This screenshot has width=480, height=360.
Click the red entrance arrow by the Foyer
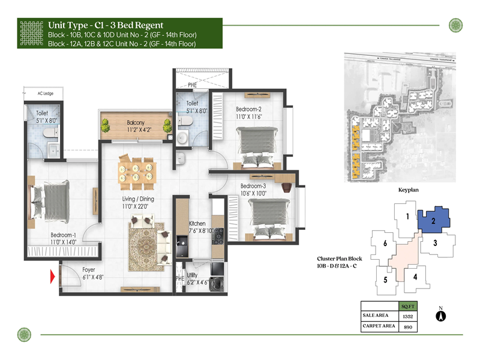pyautogui.click(x=52, y=277)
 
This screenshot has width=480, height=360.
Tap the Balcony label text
pyautogui.click(x=136, y=122)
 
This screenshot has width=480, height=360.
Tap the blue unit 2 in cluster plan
pyautogui.click(x=433, y=220)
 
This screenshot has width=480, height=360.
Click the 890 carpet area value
pyautogui.click(x=409, y=327)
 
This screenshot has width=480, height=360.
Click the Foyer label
pyautogui.click(x=89, y=270)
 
